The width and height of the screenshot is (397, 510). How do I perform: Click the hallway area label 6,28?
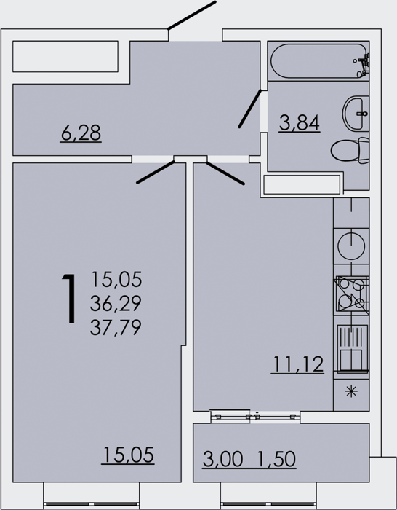(x=81, y=133)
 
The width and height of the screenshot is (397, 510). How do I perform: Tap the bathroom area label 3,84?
(x=300, y=123)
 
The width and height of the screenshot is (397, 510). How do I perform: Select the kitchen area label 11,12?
(x=297, y=364)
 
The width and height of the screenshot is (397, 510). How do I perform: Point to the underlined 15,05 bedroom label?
(x=128, y=455)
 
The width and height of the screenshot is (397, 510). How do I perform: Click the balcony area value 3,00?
(x=223, y=459)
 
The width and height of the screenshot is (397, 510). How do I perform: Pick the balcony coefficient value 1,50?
(x=276, y=459)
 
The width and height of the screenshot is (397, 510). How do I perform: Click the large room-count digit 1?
(x=69, y=299)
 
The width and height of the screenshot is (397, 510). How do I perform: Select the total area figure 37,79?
(x=116, y=327)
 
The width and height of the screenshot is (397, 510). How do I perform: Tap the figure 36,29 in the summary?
(x=116, y=303)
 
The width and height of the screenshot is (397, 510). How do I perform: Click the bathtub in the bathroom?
(x=318, y=60)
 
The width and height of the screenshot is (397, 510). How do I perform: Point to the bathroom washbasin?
(x=356, y=114)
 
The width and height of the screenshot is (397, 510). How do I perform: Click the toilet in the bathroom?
(x=350, y=150)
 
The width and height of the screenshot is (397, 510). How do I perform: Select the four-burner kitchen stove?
(x=352, y=295)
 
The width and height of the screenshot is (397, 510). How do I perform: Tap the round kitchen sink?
(x=351, y=246)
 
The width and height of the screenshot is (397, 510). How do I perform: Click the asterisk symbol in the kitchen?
(x=351, y=391)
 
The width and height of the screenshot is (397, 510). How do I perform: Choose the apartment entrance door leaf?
(x=192, y=15)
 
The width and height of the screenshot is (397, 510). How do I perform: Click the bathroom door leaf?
(x=249, y=109)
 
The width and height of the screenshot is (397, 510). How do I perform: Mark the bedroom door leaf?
(x=156, y=172)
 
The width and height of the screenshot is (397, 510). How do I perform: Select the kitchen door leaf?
(x=225, y=173)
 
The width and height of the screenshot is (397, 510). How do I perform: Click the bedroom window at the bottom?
(x=91, y=505)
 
